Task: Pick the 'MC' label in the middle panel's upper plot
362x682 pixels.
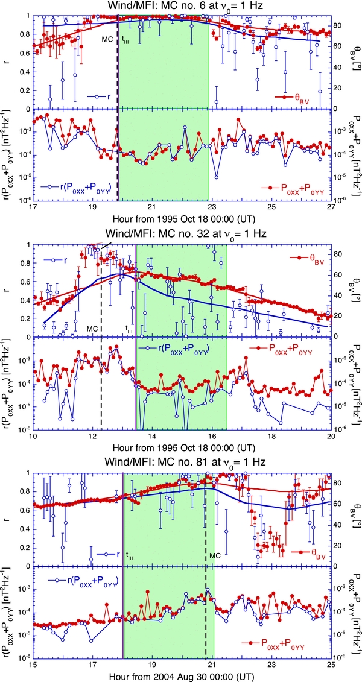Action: point(92,328)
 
